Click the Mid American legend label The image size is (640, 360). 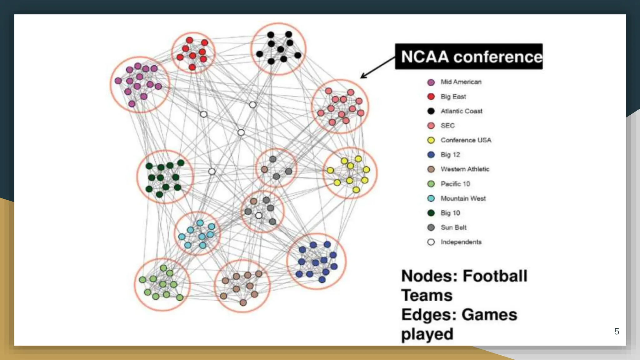(x=461, y=82)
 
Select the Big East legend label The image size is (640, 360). (x=453, y=97)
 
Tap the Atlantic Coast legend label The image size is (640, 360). (x=461, y=111)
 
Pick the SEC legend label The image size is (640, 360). (x=447, y=125)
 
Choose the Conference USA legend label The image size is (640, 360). (x=466, y=140)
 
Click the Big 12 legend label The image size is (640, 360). (x=450, y=154)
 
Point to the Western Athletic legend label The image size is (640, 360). (x=465, y=169)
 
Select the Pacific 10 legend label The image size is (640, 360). (x=455, y=184)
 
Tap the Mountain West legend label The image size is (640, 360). (x=463, y=198)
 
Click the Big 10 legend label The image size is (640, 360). (x=450, y=213)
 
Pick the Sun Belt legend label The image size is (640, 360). (x=453, y=227)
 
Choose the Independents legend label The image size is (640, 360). (x=461, y=242)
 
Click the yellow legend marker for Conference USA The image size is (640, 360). (x=431, y=140)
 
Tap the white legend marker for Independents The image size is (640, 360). (x=431, y=242)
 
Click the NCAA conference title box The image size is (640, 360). (x=469, y=57)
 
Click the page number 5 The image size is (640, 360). (x=616, y=331)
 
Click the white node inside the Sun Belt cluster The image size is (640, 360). (x=259, y=215)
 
